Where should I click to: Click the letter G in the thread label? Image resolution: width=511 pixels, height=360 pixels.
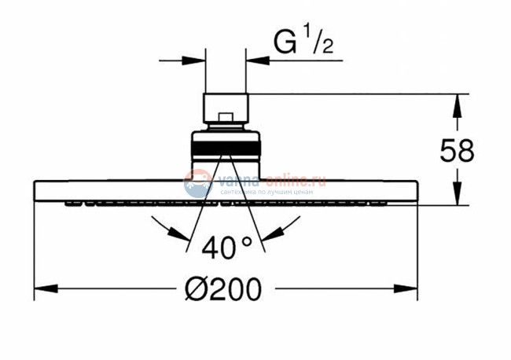click(285, 42)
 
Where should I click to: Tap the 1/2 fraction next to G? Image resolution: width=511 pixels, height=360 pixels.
click(318, 41)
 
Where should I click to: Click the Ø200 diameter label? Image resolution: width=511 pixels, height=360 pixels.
click(222, 290)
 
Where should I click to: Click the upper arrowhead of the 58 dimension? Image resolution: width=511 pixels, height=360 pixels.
click(455, 101)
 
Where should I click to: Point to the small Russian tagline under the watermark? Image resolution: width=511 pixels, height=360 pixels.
click(267, 192)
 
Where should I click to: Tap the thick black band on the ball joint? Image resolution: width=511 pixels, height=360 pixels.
click(226, 146)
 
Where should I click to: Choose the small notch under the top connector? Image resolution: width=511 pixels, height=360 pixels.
click(226, 119)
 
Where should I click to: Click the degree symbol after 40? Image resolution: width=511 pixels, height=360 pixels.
click(246, 241)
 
